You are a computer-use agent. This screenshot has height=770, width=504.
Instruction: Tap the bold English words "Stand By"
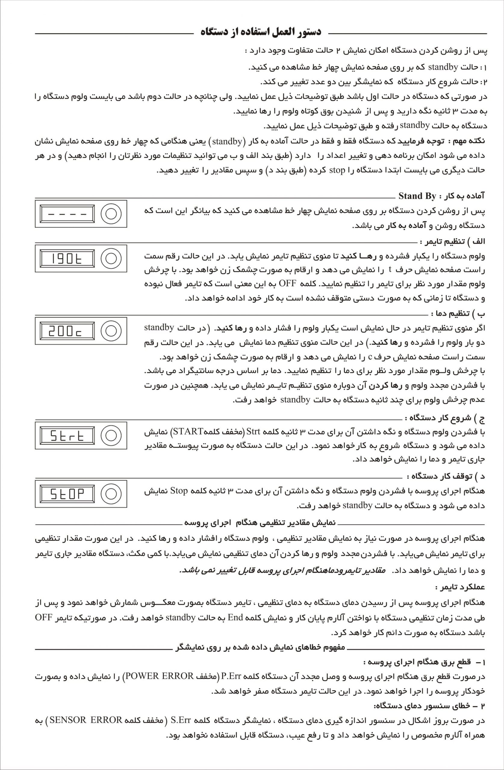click(x=417, y=196)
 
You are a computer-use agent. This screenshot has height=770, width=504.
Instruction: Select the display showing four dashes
click(x=67, y=214)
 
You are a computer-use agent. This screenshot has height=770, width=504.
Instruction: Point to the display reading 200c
click(x=67, y=331)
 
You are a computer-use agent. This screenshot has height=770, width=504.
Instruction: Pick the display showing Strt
click(x=67, y=435)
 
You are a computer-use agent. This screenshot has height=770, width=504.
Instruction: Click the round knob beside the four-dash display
click(x=111, y=214)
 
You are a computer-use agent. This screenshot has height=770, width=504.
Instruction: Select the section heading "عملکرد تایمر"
click(x=460, y=587)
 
